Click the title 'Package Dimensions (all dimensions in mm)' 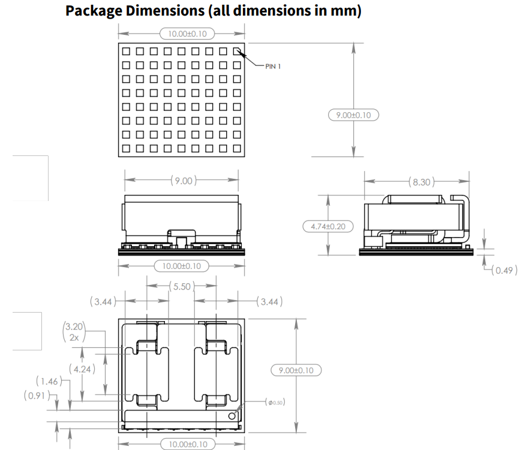[214, 11]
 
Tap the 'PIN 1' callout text [273, 66]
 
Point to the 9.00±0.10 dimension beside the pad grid [353, 115]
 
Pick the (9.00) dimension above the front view [183, 180]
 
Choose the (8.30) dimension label [420, 181]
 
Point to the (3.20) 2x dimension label [75, 332]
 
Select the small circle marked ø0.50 [232, 415]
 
